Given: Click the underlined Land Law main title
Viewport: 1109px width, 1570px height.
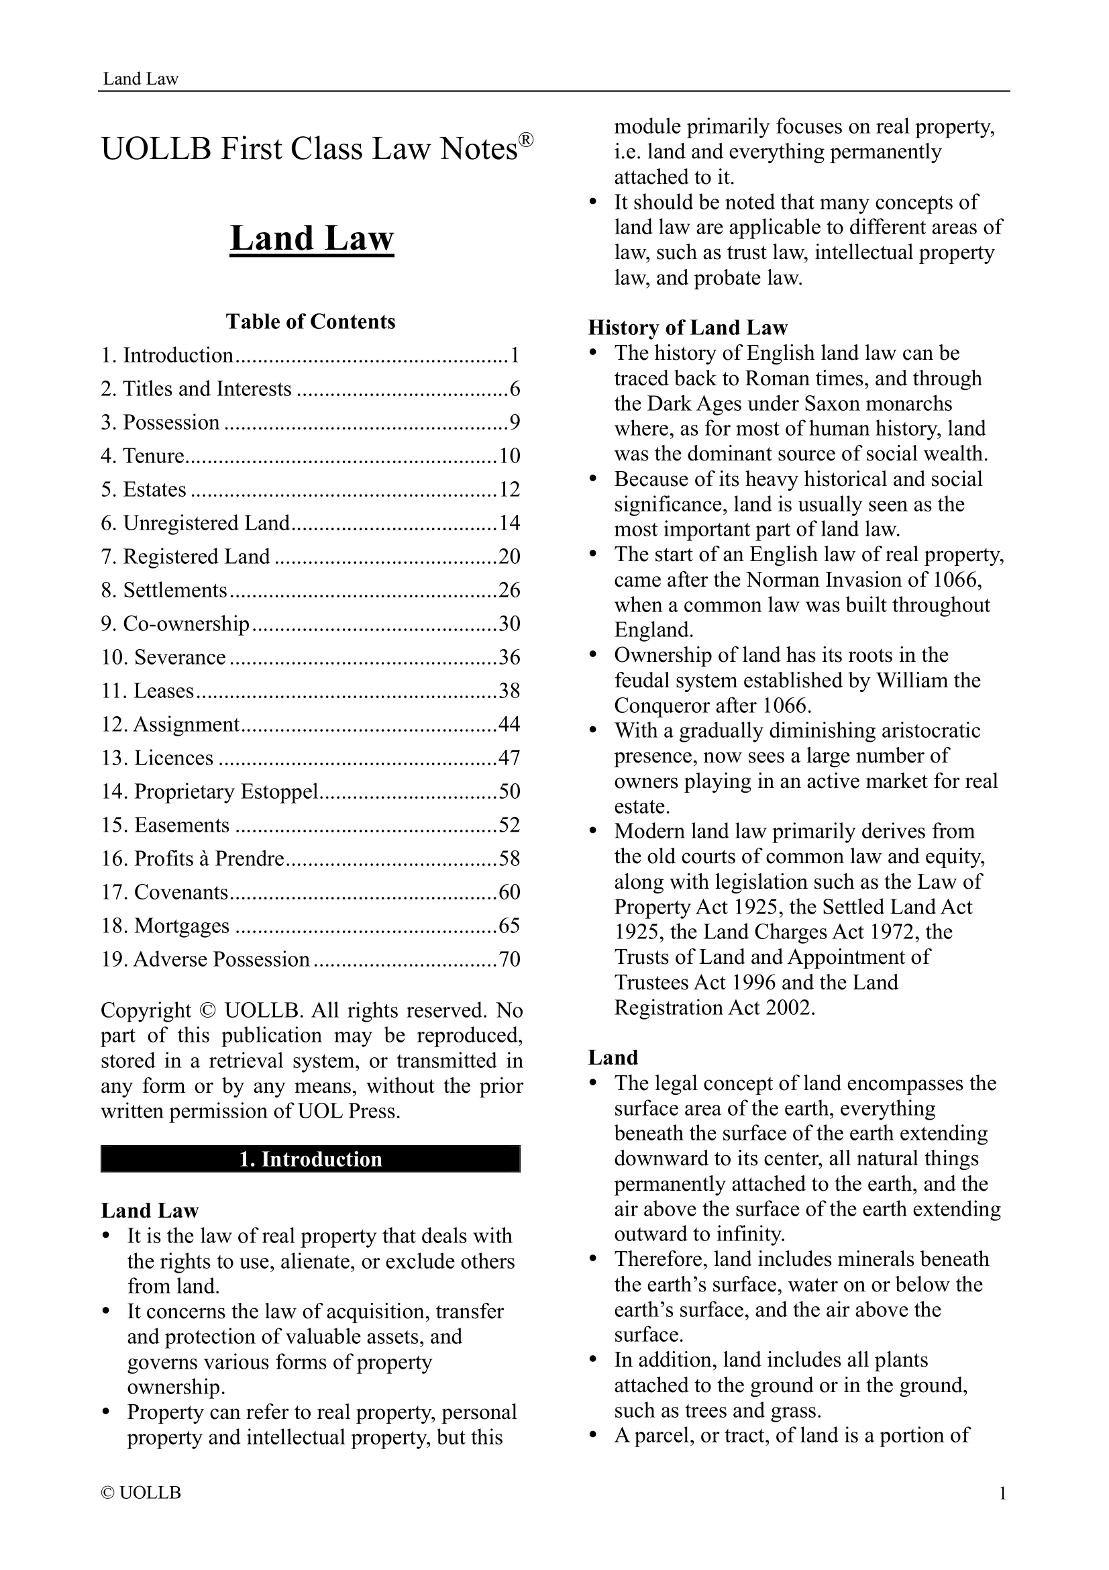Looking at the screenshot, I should [x=311, y=239].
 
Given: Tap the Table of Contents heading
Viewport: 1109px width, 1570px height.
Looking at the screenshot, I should [x=310, y=322].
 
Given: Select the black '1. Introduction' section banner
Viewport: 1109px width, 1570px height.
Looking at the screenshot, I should [x=310, y=1159].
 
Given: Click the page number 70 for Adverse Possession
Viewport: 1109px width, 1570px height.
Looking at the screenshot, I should [x=509, y=959].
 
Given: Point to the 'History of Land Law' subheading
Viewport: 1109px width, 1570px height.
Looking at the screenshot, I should [x=688, y=328].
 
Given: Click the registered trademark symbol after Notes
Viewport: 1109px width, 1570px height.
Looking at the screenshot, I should [x=525, y=140].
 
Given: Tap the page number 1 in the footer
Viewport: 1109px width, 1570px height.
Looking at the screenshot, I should [x=1002, y=1493].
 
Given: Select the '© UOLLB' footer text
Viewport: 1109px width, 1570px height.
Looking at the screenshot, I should [x=141, y=1493].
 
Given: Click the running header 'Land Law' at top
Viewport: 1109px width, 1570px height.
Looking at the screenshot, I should [x=140, y=79].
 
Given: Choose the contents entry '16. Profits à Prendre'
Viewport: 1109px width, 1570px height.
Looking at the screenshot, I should [x=192, y=858].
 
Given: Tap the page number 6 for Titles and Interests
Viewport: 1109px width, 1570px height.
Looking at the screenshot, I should [x=515, y=389].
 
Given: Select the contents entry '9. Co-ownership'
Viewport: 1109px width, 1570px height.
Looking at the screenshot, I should [x=175, y=624].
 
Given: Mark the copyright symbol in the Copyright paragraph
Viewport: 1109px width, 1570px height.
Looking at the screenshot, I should [x=207, y=1010].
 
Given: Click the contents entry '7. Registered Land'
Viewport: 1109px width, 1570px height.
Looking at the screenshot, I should [x=185, y=556].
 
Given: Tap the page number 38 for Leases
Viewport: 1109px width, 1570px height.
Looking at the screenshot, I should [x=509, y=691].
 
